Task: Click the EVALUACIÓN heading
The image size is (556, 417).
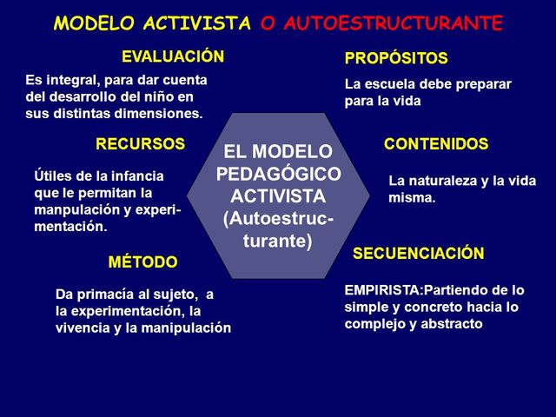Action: (x=173, y=57)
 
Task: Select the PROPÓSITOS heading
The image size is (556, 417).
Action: (x=396, y=59)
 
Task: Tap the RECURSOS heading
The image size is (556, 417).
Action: (x=140, y=144)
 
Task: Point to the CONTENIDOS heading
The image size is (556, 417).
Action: (x=436, y=144)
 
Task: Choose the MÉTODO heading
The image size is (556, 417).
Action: (x=143, y=261)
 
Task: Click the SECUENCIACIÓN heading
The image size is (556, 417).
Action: (x=419, y=254)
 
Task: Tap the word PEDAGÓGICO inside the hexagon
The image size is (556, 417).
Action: (x=278, y=174)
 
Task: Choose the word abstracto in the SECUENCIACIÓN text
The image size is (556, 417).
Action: (x=451, y=324)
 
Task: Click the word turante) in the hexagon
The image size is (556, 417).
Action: (x=278, y=242)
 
